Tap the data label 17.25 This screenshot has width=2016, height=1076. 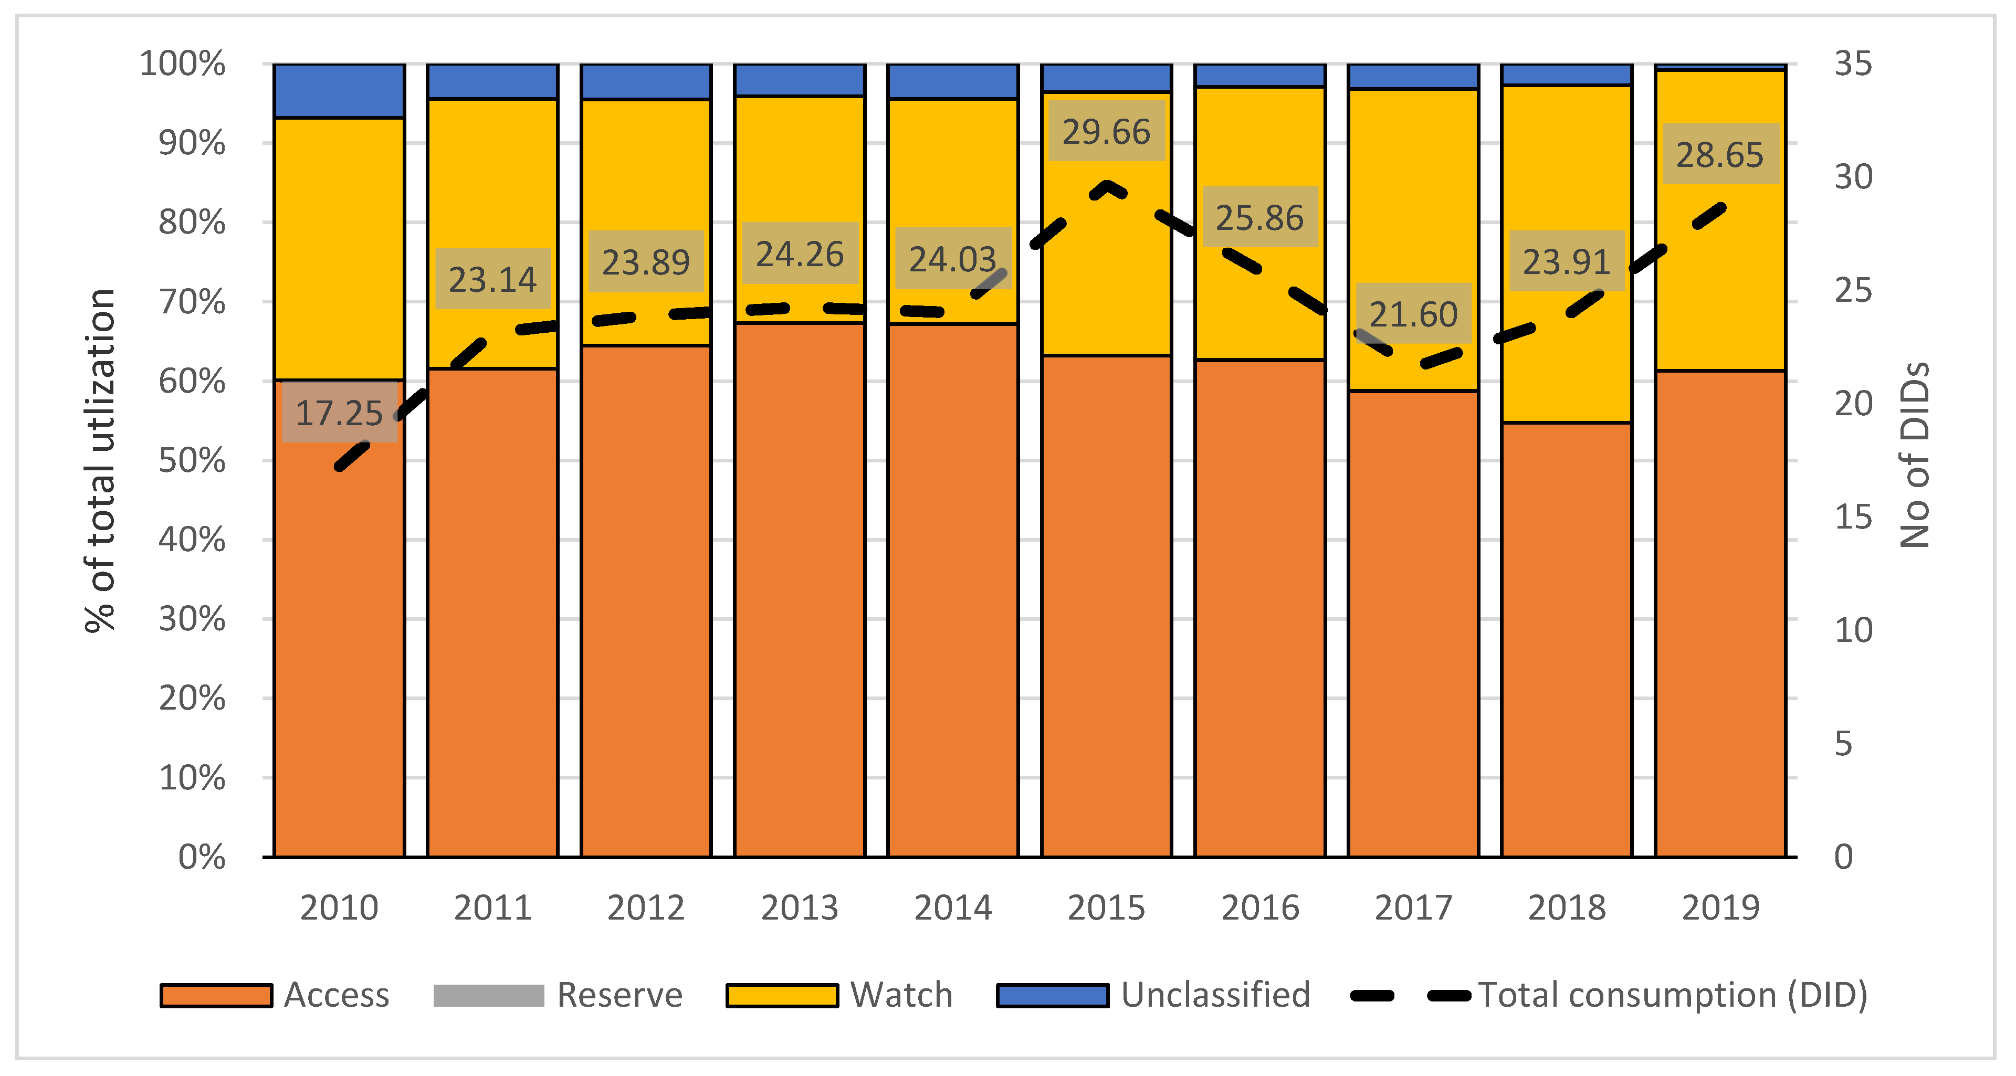(339, 413)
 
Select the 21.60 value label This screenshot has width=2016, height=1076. (1413, 314)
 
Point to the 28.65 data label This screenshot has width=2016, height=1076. (1719, 155)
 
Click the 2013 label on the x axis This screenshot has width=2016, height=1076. (799, 908)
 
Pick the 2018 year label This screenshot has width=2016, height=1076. (1566, 908)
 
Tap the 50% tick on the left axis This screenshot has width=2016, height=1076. (192, 461)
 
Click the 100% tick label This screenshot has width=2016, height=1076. (182, 64)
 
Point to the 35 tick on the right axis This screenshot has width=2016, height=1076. (1852, 64)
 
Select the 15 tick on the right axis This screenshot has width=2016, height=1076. (1852, 517)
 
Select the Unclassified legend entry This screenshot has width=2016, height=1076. (1153, 995)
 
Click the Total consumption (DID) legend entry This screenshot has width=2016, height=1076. (1608, 995)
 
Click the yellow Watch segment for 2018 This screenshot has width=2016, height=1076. (1566, 255)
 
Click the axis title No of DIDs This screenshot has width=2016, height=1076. (1914, 455)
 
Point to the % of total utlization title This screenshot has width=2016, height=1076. (100, 461)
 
